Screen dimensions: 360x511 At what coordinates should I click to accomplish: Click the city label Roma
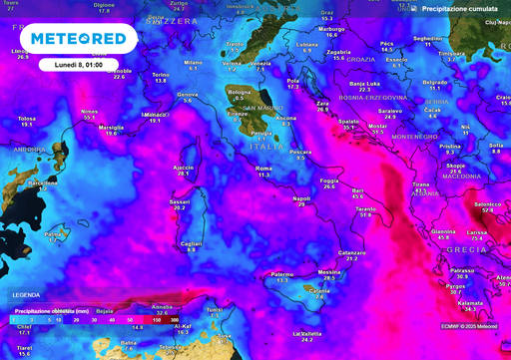click(x=264, y=170)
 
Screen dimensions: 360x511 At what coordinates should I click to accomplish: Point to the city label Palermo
click(x=282, y=274)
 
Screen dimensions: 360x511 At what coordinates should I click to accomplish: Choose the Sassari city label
click(x=180, y=201)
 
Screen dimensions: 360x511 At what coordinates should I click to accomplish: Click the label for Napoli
click(x=302, y=198)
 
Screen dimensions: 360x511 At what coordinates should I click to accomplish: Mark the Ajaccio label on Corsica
click(x=183, y=168)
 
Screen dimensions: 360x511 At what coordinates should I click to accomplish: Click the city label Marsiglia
click(x=112, y=128)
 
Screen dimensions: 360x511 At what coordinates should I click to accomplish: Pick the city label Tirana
click(x=421, y=184)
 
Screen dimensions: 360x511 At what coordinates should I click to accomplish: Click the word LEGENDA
click(x=27, y=296)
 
